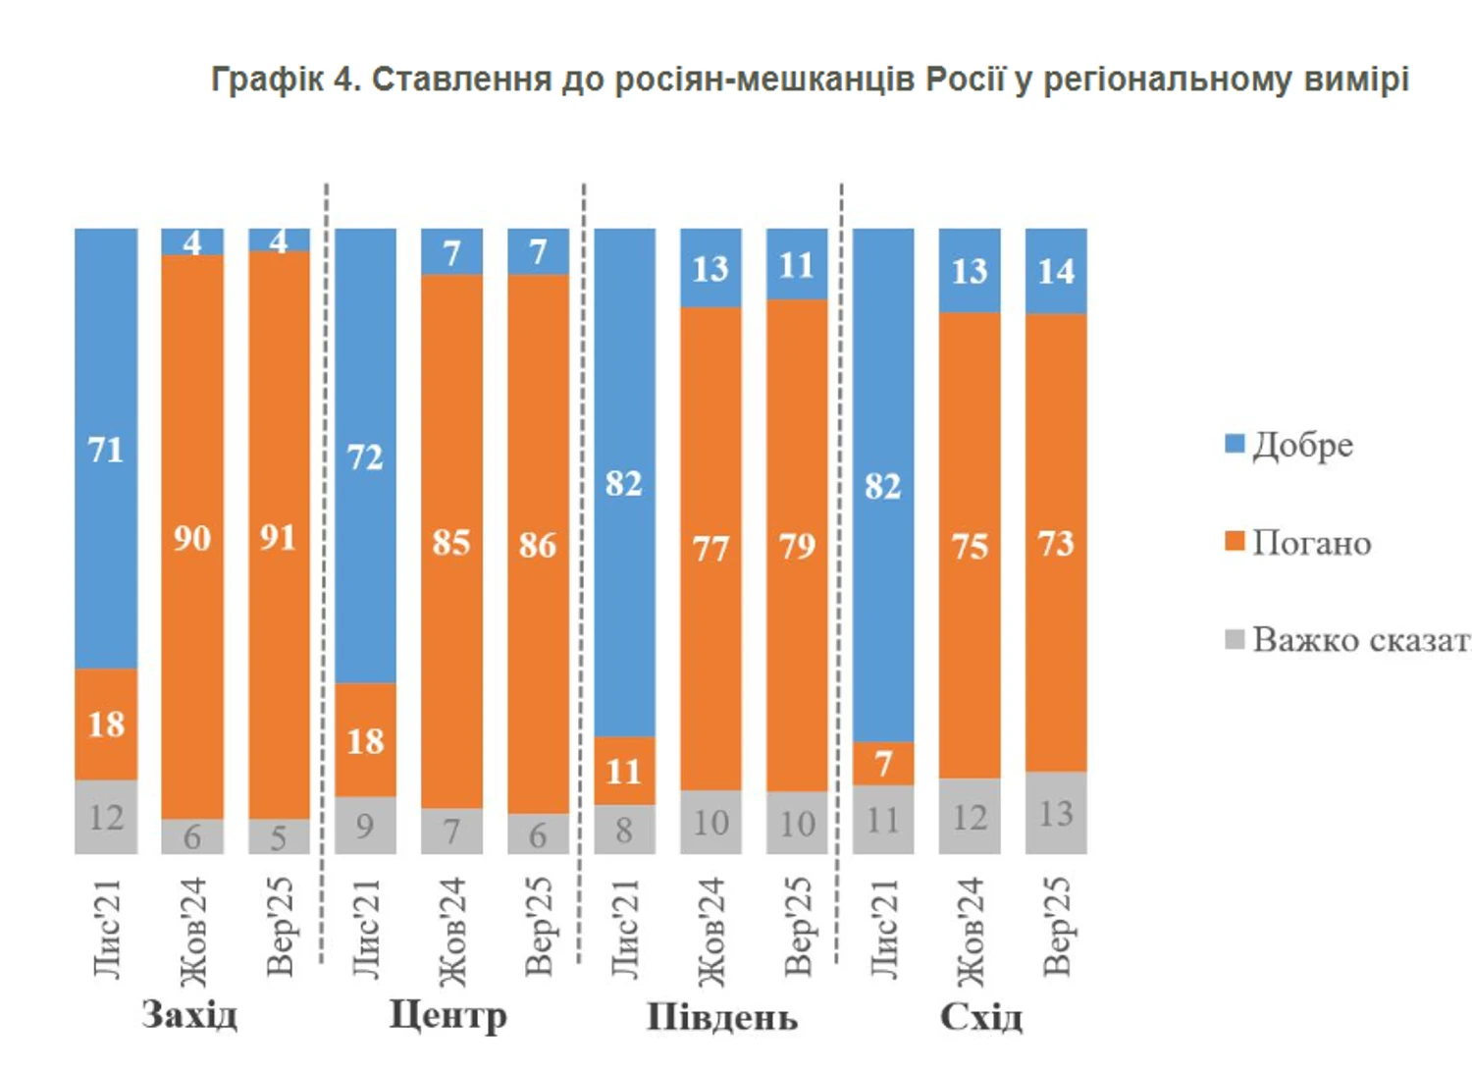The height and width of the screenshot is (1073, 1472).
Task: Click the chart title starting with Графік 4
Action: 810,79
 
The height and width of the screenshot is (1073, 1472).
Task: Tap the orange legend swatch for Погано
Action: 1235,541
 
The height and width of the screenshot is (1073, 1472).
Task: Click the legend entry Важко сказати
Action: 1360,640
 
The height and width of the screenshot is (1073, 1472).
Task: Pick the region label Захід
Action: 189,1014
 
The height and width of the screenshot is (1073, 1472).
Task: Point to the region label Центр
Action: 448,1014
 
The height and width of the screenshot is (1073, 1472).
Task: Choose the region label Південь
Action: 721,1016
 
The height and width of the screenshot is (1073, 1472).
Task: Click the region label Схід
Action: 981,1016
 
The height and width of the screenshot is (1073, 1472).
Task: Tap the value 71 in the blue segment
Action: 106,450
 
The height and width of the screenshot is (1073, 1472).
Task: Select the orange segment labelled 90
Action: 192,537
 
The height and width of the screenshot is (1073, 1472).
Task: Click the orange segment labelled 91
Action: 279,537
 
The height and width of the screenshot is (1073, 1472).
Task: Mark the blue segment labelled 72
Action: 365,456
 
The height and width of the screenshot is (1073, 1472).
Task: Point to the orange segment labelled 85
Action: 451,542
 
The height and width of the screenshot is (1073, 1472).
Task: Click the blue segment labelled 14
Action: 1056,271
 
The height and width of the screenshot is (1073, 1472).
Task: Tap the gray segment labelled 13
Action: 1056,813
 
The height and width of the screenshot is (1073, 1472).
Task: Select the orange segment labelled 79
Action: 797,545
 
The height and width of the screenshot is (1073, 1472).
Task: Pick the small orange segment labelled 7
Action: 883,763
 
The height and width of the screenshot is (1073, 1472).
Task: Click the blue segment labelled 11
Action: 797,264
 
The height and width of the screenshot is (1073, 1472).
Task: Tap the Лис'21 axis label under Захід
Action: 106,928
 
